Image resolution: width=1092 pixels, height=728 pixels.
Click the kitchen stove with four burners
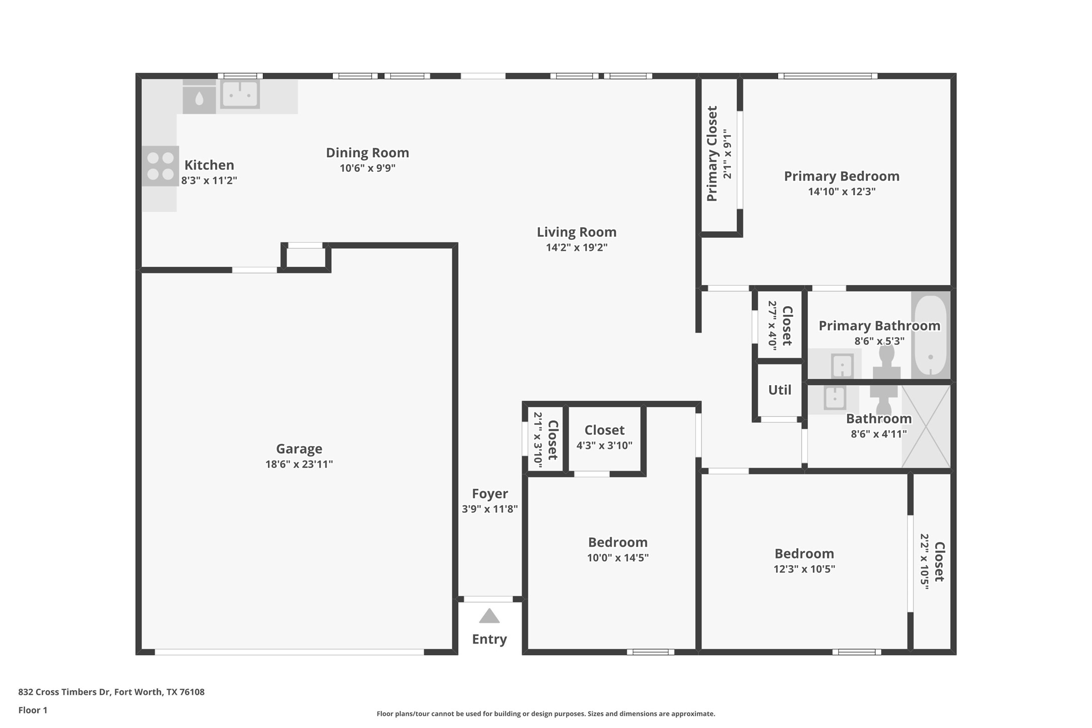(x=160, y=166)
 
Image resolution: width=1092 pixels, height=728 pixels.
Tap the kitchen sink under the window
(x=240, y=94)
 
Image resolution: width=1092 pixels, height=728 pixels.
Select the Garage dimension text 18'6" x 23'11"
(x=299, y=464)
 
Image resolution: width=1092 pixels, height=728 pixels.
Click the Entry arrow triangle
(x=489, y=616)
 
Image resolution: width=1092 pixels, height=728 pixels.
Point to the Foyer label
(x=490, y=494)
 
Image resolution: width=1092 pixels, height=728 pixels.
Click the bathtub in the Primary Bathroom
(x=930, y=335)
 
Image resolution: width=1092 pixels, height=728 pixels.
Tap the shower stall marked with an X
(x=926, y=426)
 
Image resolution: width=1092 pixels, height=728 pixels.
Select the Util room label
(x=779, y=390)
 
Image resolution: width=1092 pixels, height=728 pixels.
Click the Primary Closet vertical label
(x=712, y=153)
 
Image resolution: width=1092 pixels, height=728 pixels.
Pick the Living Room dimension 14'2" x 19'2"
(x=577, y=247)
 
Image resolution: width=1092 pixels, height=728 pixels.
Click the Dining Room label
(x=368, y=153)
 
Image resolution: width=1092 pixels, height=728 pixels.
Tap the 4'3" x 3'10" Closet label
(x=604, y=430)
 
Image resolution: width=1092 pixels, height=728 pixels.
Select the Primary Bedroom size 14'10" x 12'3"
(x=842, y=192)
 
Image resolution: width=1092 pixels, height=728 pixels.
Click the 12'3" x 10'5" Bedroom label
(x=804, y=554)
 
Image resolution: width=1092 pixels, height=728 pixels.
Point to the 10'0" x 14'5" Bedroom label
(x=618, y=542)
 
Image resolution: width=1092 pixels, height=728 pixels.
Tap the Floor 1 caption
(x=33, y=710)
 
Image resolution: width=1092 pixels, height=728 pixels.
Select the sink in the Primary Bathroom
(x=842, y=366)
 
